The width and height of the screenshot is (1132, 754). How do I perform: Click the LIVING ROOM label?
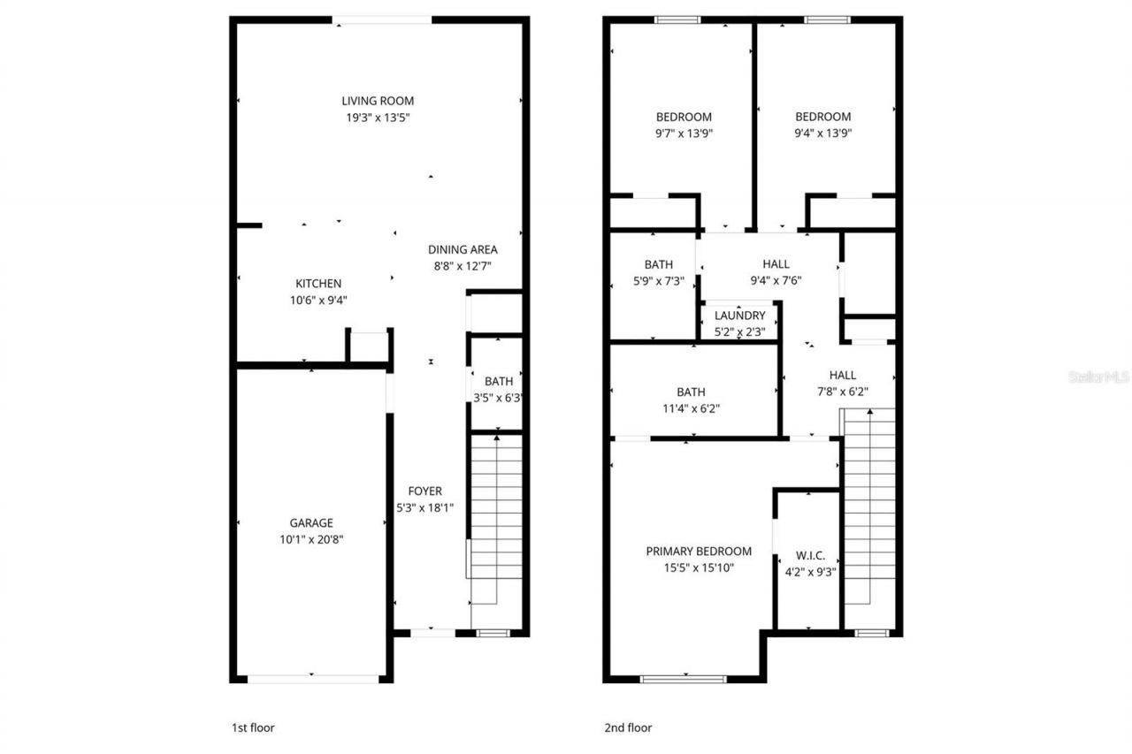(x=378, y=101)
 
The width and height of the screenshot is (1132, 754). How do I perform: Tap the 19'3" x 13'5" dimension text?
(x=378, y=117)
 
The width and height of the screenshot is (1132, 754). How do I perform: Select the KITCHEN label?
(x=318, y=284)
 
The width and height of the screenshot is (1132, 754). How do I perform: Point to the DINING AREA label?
(x=463, y=249)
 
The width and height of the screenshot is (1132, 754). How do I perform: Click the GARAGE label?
(x=311, y=522)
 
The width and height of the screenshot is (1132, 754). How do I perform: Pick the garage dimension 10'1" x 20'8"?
(x=311, y=538)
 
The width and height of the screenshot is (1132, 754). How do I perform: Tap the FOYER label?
(x=424, y=491)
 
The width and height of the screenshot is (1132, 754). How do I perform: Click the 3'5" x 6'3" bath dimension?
(x=497, y=398)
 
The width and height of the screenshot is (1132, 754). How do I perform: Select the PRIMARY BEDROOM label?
(x=699, y=551)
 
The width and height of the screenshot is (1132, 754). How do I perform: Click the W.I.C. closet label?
(x=810, y=555)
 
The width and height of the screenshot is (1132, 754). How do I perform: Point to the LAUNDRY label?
(x=739, y=316)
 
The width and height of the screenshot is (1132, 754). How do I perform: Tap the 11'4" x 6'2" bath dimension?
(x=692, y=408)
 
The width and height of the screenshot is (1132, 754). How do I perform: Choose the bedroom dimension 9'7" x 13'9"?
(x=684, y=133)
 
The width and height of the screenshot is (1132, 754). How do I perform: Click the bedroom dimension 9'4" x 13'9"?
(x=822, y=133)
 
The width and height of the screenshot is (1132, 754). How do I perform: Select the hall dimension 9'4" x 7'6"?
(x=776, y=280)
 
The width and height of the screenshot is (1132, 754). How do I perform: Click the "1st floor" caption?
(x=252, y=728)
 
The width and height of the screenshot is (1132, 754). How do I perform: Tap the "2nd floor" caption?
(x=627, y=728)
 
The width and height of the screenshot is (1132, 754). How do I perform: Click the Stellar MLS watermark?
(x=1098, y=377)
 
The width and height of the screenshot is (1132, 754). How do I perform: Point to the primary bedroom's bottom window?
(x=683, y=679)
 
